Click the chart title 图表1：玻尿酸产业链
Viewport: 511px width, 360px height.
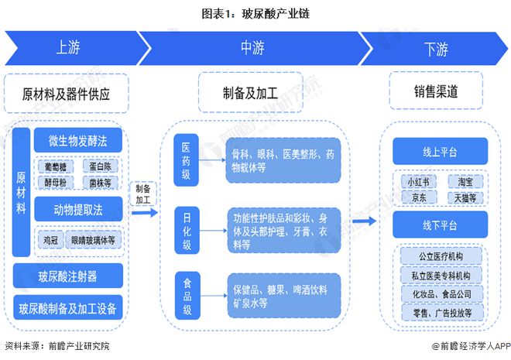255,12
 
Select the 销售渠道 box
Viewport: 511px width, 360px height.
436,91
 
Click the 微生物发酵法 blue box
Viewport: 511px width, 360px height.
78,141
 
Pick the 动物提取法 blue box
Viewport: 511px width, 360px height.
78,209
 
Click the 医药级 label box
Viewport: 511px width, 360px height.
186,158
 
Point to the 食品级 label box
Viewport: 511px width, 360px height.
186,295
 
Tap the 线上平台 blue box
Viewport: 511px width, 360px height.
439,150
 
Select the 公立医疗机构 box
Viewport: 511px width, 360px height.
441,255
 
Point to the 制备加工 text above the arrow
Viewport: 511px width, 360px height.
143,194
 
